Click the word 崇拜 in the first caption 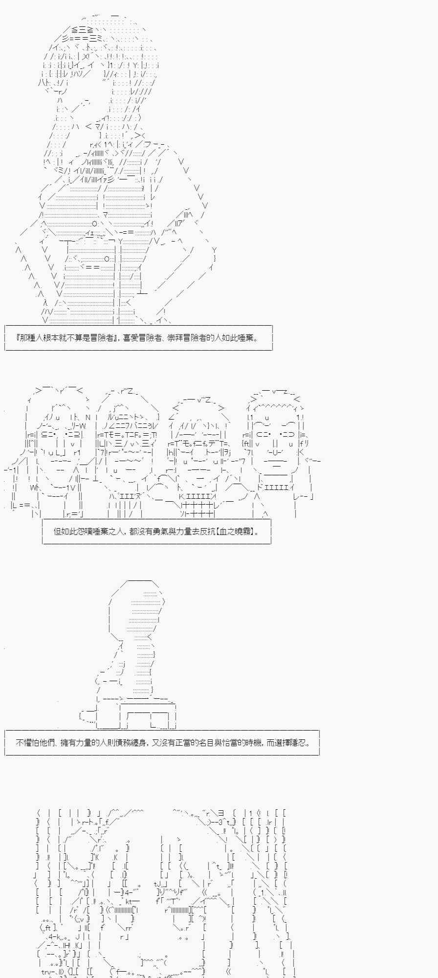click(175, 338)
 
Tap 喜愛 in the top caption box click(131, 338)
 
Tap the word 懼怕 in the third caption click(32, 742)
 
